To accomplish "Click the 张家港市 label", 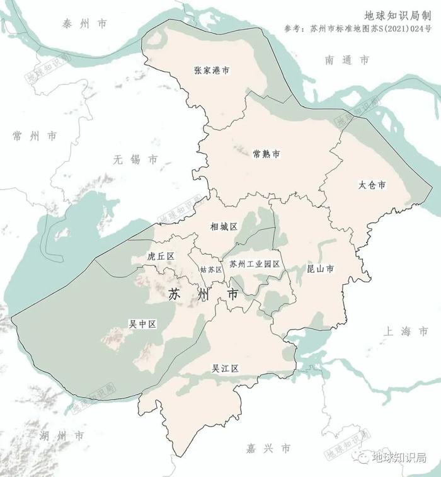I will pos(212,71).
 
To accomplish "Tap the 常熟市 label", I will pos(266,154).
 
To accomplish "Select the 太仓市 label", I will pos(372,186).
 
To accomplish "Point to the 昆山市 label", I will pos(319,269).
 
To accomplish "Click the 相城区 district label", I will pos(224,226).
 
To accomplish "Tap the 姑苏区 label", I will pos(211,270).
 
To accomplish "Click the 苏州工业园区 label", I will pos(255,264).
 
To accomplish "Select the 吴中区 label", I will pos(142,324).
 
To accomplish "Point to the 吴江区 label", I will pos(225,369).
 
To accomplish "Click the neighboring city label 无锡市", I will pos(135,160).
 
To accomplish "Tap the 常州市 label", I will pos(35,136).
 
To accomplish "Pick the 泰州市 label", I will pos(84,24).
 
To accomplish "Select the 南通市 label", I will pos(347,60).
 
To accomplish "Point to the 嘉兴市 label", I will pos(268,449).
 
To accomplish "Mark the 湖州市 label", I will pos(61,436).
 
